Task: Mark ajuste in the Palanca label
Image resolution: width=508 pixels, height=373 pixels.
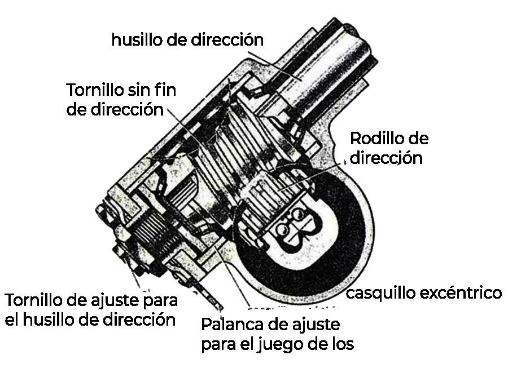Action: [315, 325]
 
